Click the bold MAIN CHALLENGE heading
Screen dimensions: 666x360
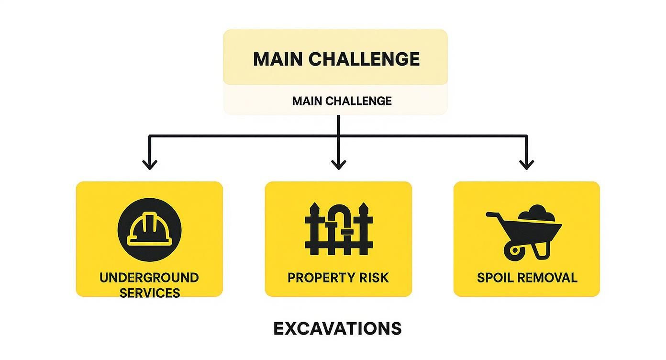(336, 59)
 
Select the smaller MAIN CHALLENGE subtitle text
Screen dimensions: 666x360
(342, 101)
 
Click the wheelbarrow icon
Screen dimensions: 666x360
(524, 232)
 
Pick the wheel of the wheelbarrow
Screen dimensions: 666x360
(514, 250)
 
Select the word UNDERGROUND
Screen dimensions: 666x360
(149, 278)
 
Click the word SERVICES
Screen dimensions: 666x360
(149, 292)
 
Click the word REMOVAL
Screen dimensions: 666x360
(547, 278)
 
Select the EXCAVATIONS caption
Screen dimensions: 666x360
(337, 328)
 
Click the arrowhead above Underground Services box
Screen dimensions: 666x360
(150, 164)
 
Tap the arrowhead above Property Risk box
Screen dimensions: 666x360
(338, 164)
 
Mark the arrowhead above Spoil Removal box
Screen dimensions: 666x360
(527, 164)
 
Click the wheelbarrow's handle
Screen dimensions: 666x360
(493, 216)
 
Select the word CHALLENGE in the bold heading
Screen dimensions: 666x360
(364, 59)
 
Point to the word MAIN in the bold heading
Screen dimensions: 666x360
(278, 59)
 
